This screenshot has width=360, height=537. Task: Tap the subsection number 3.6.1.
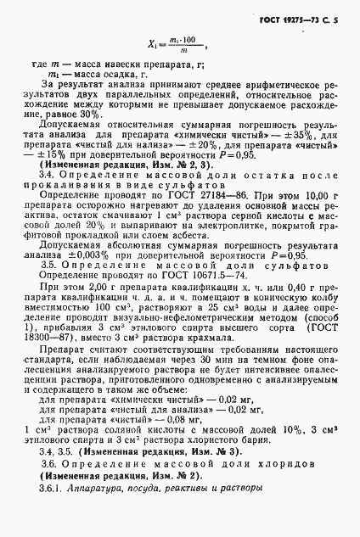tap(52, 520)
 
